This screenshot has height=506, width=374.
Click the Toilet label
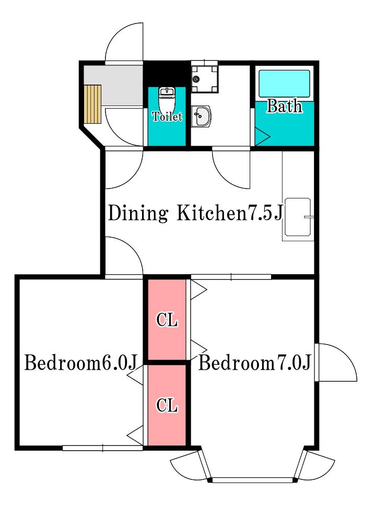[167, 116]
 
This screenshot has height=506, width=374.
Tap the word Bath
[284, 106]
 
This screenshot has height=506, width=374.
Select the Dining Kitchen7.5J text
[195, 213]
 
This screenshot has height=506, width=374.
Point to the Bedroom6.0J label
[81, 362]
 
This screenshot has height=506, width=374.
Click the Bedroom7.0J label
[254, 362]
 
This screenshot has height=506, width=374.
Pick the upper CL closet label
[167, 320]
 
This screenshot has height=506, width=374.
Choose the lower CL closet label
[167, 405]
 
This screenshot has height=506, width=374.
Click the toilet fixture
[167, 99]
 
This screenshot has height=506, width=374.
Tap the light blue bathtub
[284, 84]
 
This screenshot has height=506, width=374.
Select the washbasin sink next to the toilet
[201, 116]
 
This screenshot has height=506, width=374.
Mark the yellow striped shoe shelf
[93, 104]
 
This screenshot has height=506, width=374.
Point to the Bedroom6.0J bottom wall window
[102, 448]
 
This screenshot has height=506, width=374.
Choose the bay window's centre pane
[253, 480]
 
